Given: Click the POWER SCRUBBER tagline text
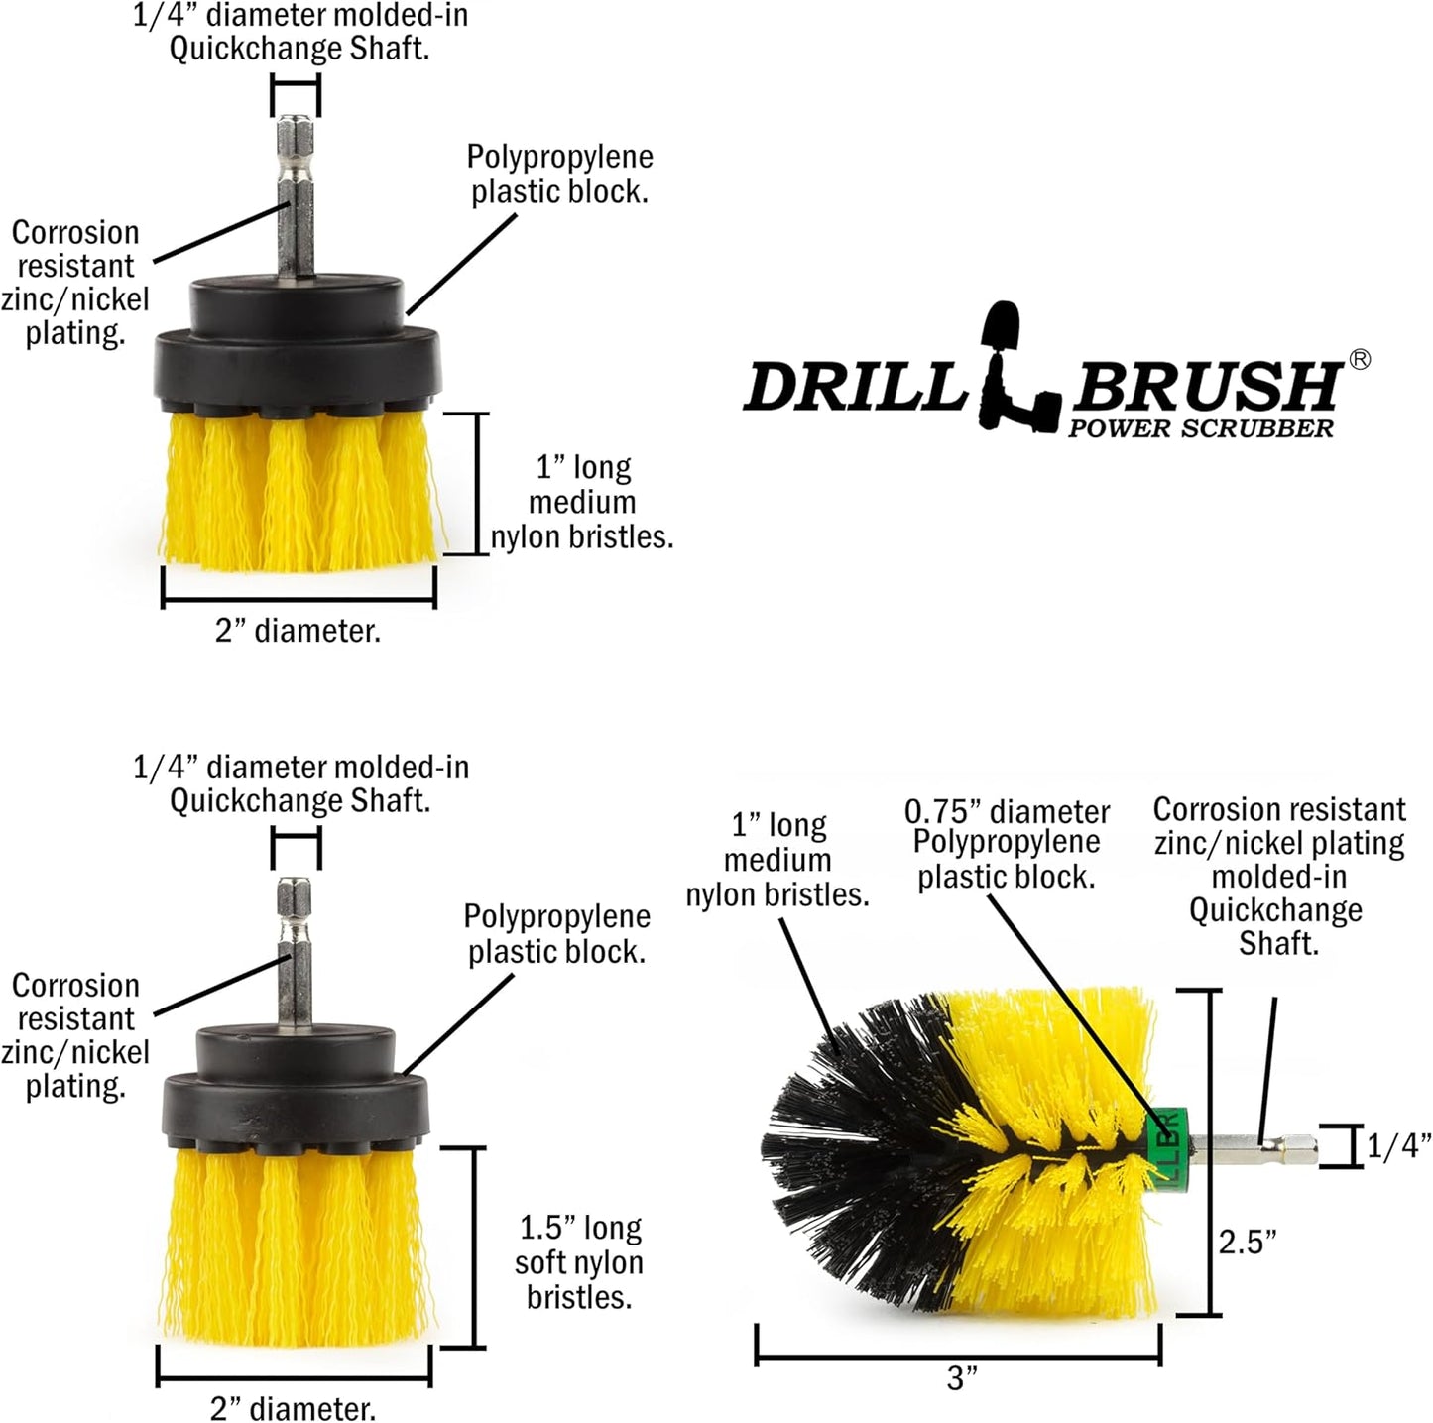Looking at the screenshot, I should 1200,428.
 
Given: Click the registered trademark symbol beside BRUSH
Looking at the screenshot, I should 1360,360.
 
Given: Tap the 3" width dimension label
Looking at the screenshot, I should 961,1378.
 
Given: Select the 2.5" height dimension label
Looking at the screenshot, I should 1248,1241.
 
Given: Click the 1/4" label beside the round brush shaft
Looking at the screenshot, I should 1398,1146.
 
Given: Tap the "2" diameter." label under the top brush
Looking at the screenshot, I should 298,630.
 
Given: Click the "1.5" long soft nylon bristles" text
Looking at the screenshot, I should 579,1262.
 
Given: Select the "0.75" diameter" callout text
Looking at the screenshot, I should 1007,812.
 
